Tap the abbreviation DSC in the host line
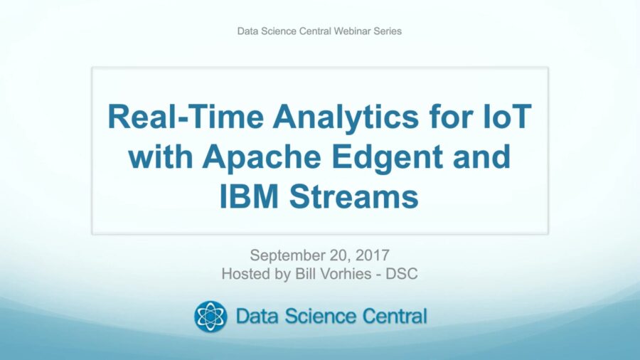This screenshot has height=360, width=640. [x=402, y=274]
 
